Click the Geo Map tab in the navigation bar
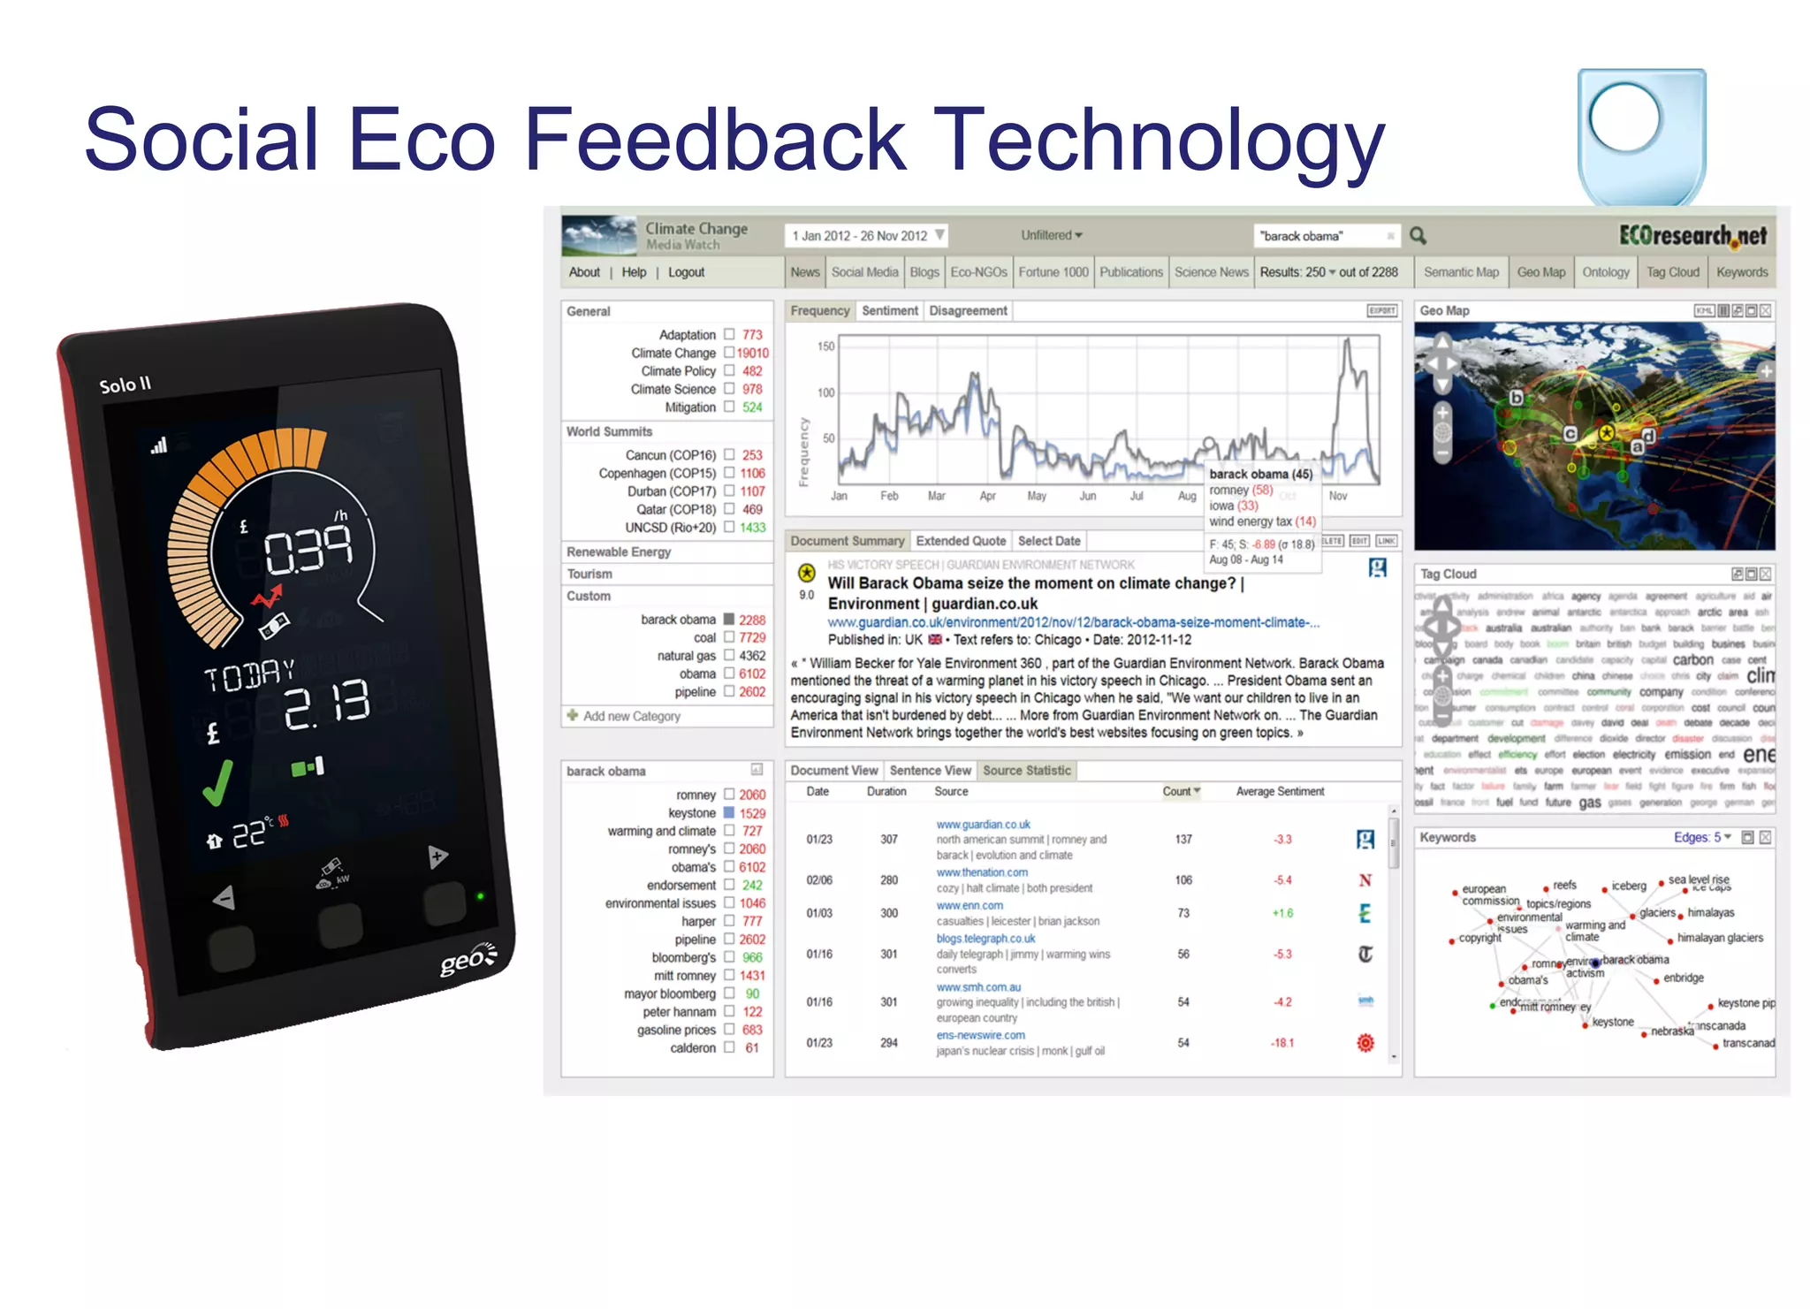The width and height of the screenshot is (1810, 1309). click(1540, 272)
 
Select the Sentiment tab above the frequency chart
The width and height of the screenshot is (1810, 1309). click(889, 311)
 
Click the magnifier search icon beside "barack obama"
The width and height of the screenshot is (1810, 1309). click(1418, 236)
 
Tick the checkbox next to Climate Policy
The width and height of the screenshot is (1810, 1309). click(729, 371)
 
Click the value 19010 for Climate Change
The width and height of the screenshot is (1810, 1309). click(753, 353)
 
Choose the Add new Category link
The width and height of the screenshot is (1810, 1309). click(631, 716)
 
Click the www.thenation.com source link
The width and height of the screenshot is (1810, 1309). click(982, 872)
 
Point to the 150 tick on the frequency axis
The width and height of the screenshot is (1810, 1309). click(825, 346)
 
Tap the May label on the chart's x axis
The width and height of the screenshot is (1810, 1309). click(1037, 496)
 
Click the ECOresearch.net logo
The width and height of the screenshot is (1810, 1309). click(1692, 236)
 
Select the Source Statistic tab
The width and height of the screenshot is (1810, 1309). click(1026, 771)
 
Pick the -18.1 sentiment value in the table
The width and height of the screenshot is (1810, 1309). click(1281, 1043)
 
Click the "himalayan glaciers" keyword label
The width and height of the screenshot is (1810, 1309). click(1719, 938)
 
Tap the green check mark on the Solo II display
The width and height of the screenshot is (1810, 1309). click(217, 782)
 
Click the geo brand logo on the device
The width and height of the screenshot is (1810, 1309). click(468, 959)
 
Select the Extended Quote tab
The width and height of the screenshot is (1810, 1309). click(961, 541)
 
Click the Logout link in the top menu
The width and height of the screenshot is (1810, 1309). click(686, 272)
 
